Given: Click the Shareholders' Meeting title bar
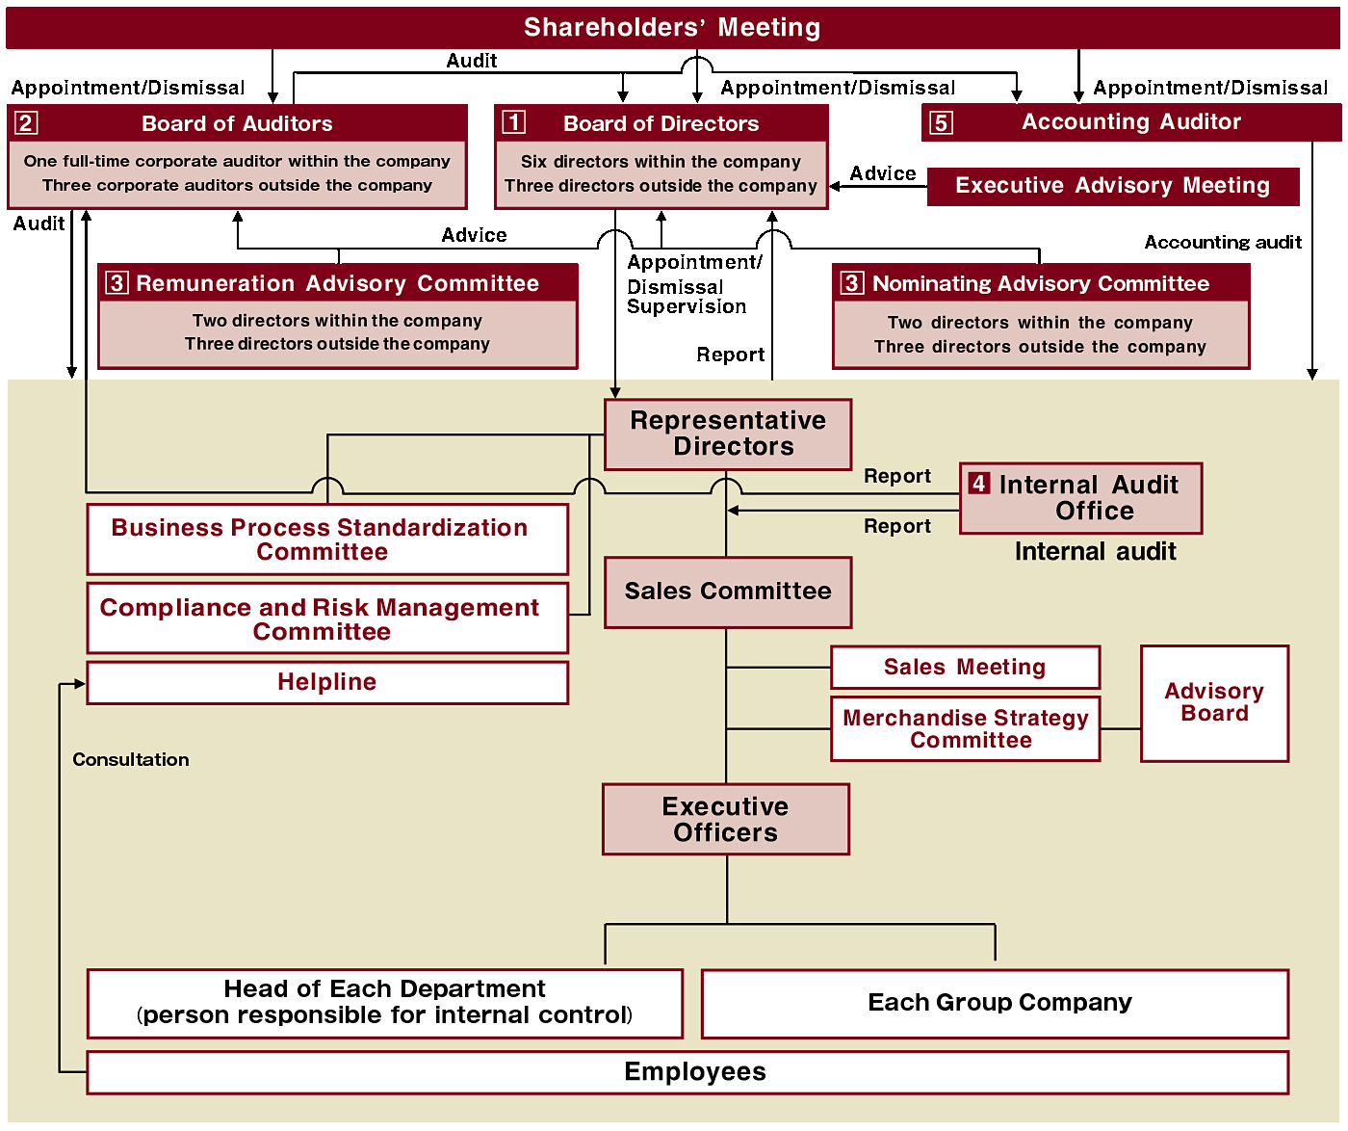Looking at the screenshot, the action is (x=673, y=27).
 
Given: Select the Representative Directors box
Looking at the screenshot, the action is (x=728, y=434).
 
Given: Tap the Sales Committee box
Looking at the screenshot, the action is (x=728, y=592).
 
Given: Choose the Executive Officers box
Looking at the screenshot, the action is (x=726, y=819).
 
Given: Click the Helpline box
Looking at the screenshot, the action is (x=327, y=682).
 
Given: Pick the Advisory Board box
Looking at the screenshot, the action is (x=1214, y=703).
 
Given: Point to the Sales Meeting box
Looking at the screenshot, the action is (x=965, y=668).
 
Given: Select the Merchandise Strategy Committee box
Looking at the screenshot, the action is (x=965, y=728).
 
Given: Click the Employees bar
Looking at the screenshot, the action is (x=687, y=1072).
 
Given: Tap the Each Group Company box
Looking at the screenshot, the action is (x=995, y=1003).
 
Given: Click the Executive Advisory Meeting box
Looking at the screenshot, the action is (x=1113, y=186).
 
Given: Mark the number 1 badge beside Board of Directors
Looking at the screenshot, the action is (x=514, y=122).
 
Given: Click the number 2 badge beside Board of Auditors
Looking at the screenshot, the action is (x=26, y=122).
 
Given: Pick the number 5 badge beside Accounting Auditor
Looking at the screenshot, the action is (x=941, y=122).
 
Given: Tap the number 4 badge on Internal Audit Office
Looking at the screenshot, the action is (x=978, y=483).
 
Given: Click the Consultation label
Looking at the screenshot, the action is (x=130, y=759).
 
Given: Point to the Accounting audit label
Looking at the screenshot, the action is (x=1223, y=242).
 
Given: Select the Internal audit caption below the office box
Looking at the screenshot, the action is (x=1095, y=552).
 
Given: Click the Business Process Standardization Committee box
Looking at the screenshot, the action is (x=327, y=539).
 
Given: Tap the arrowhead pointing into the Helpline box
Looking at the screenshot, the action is (x=79, y=683).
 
